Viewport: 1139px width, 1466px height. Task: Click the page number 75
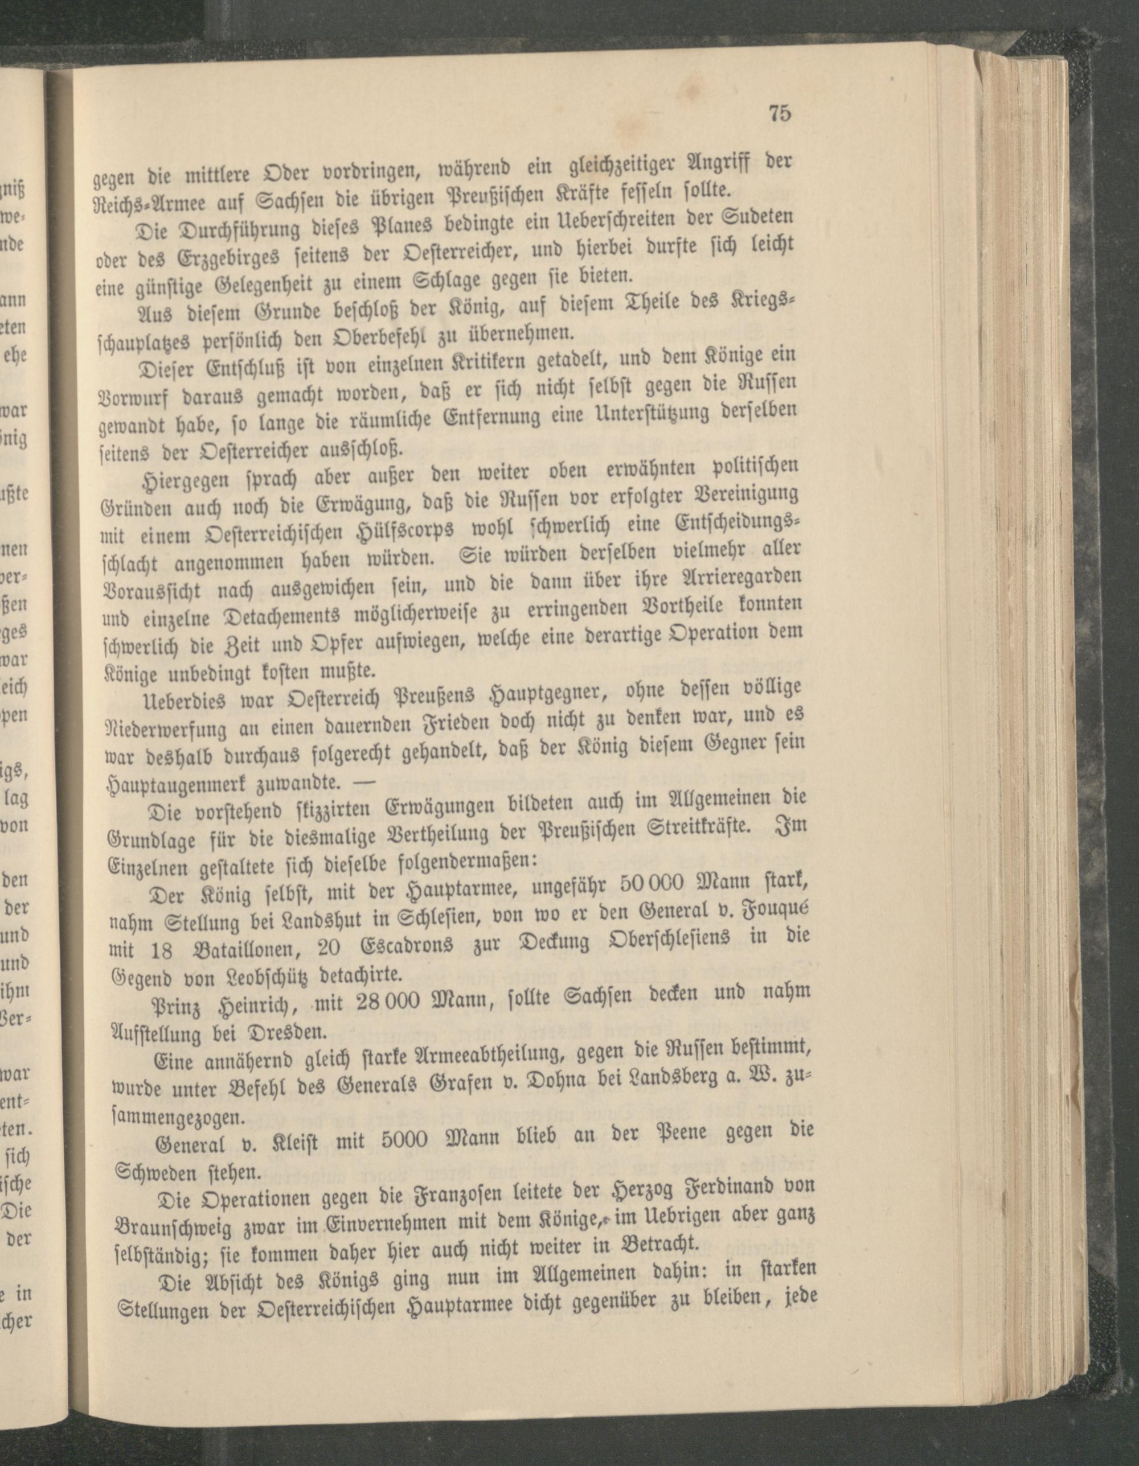click(780, 113)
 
